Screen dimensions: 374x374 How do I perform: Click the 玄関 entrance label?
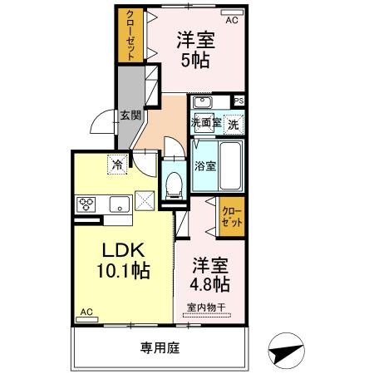tap(130, 116)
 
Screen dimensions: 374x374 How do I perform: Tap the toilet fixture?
tap(175, 185)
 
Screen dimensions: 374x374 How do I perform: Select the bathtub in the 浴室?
tap(230, 166)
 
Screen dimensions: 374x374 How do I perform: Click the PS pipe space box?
tap(239, 101)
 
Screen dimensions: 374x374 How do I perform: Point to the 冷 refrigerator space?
tap(117, 165)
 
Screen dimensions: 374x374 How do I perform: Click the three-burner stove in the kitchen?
tap(86, 204)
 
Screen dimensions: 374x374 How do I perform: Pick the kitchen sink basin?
tap(120, 204)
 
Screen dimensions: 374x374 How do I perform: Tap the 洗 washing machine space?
tap(234, 125)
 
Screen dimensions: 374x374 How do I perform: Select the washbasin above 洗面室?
tap(203, 103)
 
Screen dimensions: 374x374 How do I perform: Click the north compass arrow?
tap(287, 351)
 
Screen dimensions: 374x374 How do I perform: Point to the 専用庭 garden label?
tap(160, 348)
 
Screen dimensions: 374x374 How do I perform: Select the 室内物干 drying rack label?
tap(206, 308)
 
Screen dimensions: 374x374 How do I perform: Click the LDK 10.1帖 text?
tap(123, 260)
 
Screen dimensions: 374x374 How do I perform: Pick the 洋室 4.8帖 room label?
tap(209, 275)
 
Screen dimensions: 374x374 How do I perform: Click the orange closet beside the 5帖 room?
tap(130, 36)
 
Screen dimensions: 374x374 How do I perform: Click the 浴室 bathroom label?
tap(205, 166)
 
